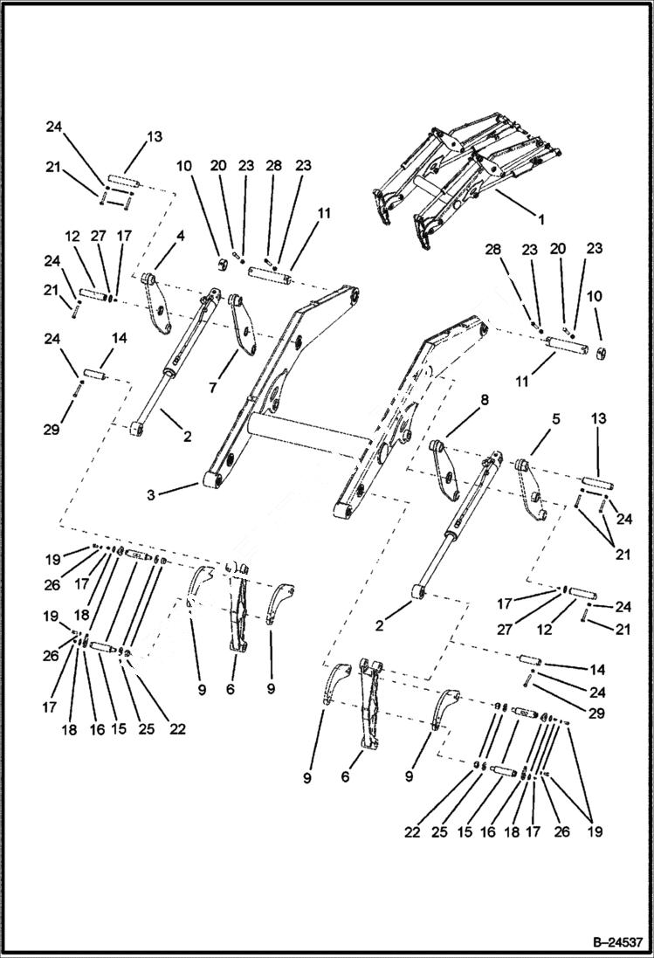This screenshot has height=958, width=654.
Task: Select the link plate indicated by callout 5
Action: click(531, 491)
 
